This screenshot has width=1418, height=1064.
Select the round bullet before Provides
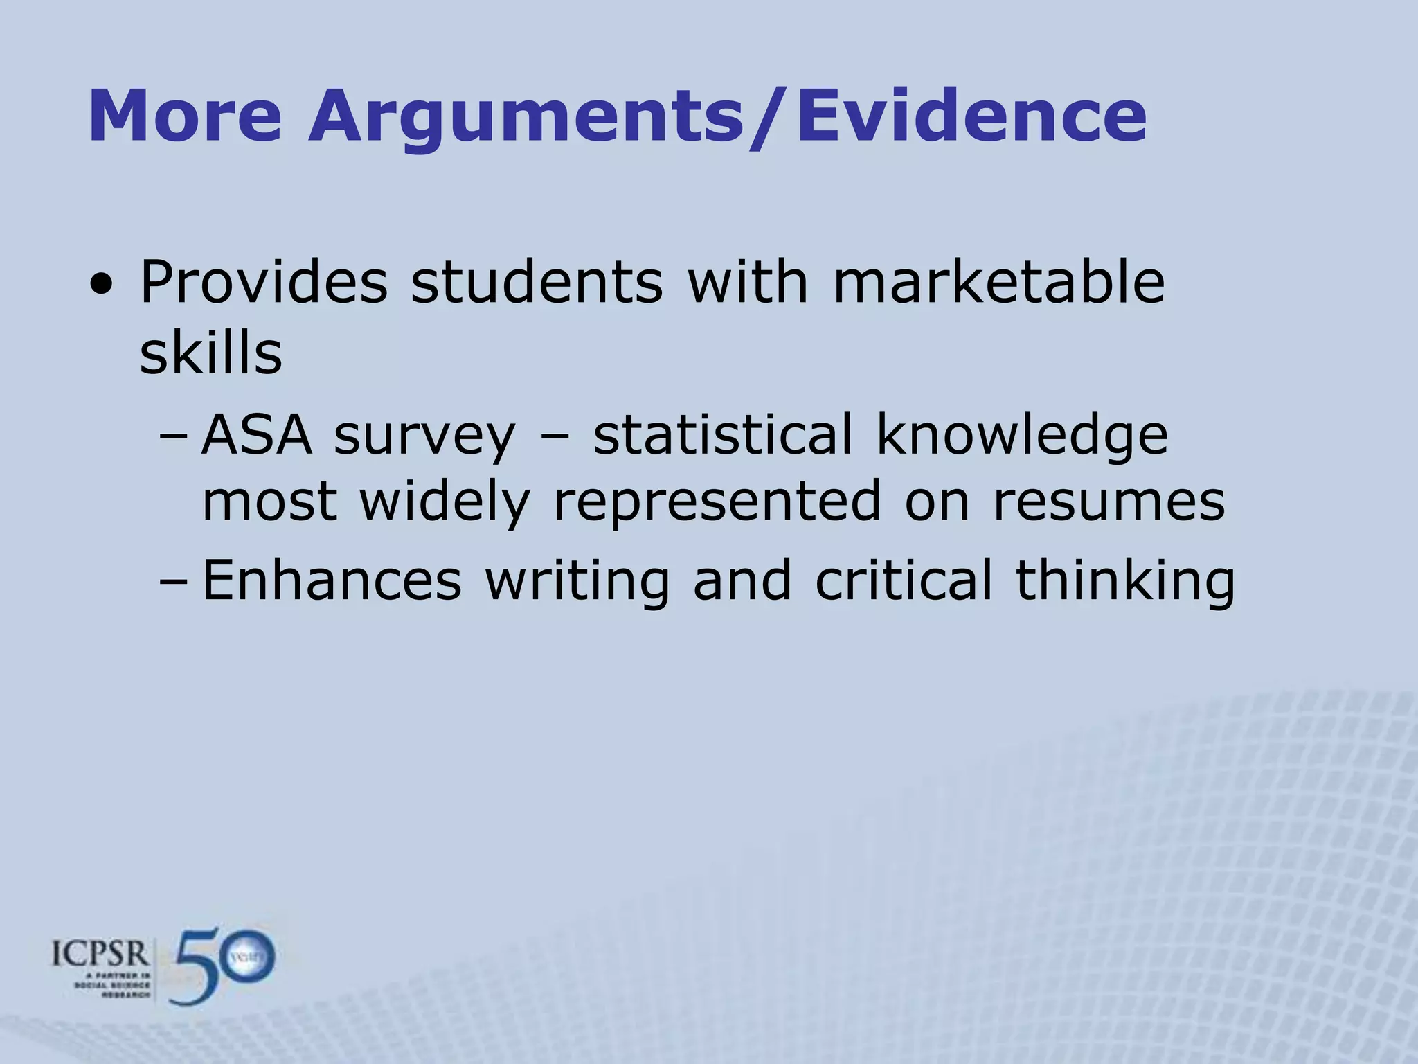pyautogui.click(x=102, y=284)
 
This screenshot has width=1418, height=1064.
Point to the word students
pyautogui.click(x=537, y=283)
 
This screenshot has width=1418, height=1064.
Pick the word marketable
pyautogui.click(x=998, y=283)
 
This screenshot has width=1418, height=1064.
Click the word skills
pyautogui.click(x=210, y=353)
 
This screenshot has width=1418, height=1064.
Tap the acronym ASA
pyautogui.click(x=257, y=435)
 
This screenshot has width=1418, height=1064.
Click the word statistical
pyautogui.click(x=723, y=435)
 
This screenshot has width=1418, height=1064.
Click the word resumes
pyautogui.click(x=1109, y=502)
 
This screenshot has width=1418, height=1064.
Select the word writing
pyautogui.click(x=577, y=582)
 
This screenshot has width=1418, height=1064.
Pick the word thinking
pyautogui.click(x=1125, y=582)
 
